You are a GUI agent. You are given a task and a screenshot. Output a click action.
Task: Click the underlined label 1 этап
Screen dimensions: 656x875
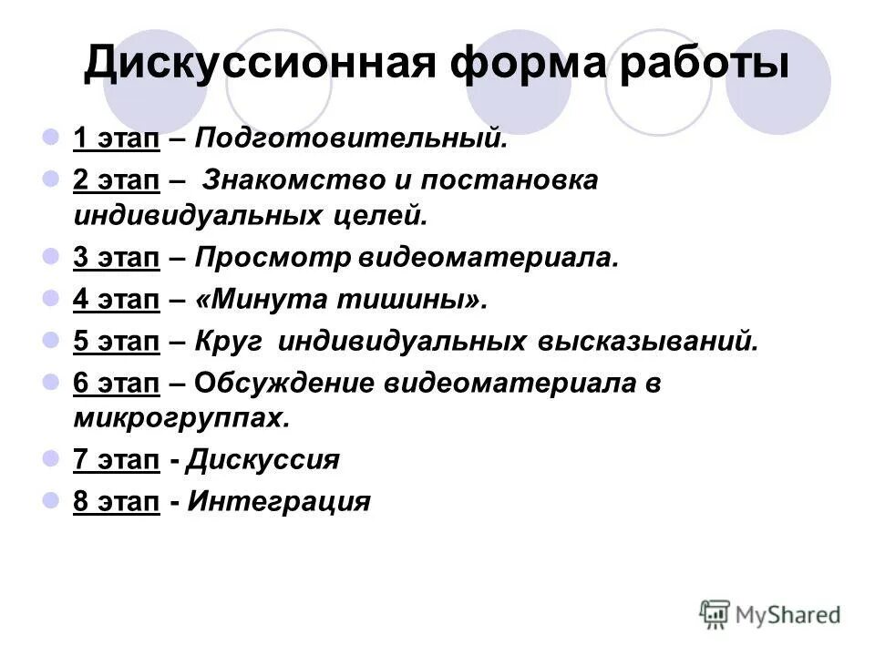pos(117,140)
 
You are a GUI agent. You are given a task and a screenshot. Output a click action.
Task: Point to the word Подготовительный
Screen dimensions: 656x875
pos(350,140)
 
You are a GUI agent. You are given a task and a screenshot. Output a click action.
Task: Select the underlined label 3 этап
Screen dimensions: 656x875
pos(117,259)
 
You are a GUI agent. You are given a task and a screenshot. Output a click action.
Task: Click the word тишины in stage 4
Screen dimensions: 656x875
pos(416,300)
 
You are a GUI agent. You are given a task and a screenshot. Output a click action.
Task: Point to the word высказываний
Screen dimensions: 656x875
pos(641,341)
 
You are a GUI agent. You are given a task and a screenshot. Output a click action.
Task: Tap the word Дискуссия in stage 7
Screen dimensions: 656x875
pos(262,461)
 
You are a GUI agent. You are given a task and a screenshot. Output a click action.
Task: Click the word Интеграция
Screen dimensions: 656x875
pos(278,502)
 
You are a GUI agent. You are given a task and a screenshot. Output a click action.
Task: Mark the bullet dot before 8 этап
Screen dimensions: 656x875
pos(51,500)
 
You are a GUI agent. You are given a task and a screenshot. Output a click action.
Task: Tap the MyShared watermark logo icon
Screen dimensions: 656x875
pos(715,615)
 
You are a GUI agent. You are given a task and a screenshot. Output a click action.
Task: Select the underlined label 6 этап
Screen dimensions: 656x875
pos(117,384)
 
